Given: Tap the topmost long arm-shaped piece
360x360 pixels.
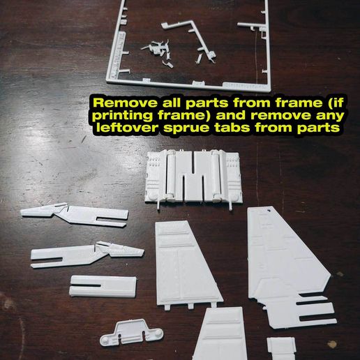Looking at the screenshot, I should pyautogui.click(x=73, y=215).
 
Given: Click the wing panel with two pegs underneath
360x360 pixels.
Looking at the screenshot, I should pyautogui.click(x=185, y=261).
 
